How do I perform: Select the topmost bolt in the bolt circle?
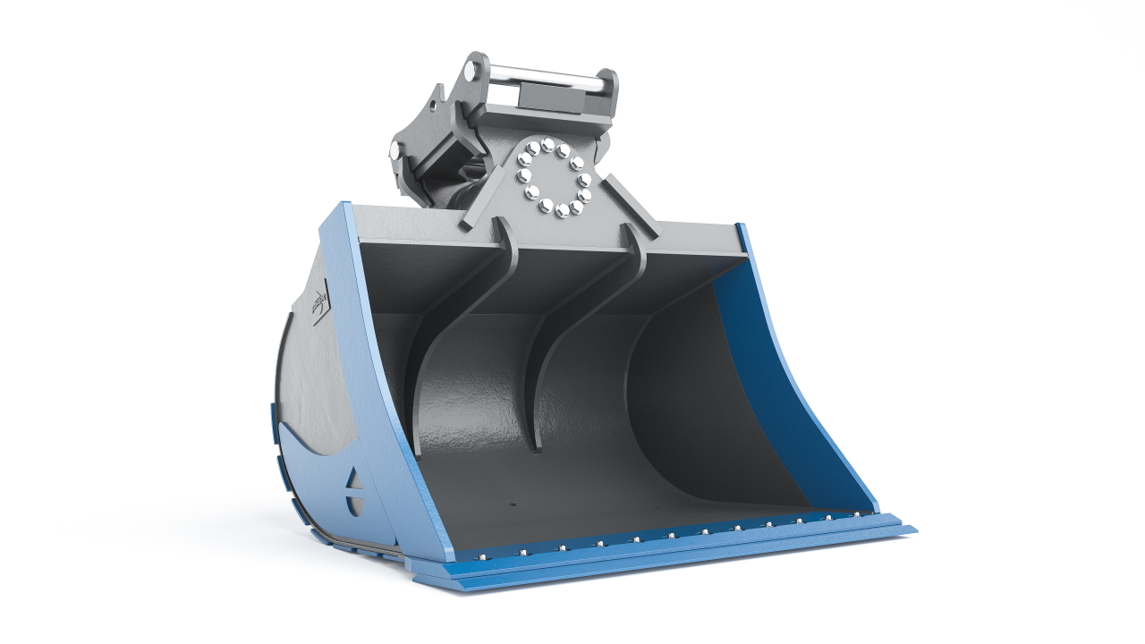[x=547, y=143]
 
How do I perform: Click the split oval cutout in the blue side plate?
[x=355, y=493]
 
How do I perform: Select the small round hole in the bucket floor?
[x=513, y=506]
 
